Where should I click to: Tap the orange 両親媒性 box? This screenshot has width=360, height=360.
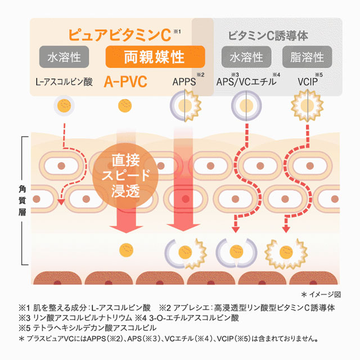(x=155, y=57)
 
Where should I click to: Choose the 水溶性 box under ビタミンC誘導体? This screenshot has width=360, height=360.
(x=246, y=57)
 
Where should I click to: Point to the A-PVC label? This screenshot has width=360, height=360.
(x=125, y=82)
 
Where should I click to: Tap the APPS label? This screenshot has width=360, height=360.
(x=184, y=82)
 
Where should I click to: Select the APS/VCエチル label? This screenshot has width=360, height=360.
(x=246, y=82)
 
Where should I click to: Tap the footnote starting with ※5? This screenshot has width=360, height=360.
(x=88, y=327)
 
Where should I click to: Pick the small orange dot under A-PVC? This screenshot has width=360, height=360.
(x=123, y=105)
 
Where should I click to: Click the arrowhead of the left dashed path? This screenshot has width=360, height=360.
(x=58, y=203)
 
